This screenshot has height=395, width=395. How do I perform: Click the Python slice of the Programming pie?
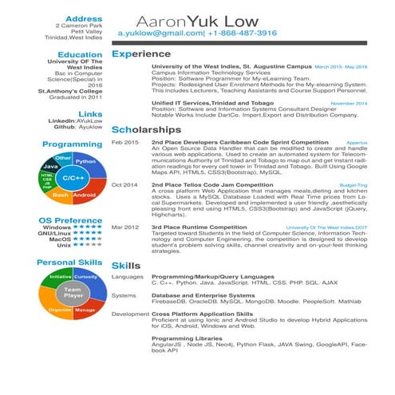(85, 161)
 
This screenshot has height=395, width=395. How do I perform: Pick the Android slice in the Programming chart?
(85, 194)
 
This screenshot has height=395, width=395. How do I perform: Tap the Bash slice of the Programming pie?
(59, 194)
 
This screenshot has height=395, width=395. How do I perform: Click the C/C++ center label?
(73, 178)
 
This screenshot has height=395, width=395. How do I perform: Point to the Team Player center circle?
(73, 293)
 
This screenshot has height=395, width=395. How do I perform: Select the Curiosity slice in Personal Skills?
(85, 276)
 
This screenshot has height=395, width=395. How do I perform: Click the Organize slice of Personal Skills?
(60, 310)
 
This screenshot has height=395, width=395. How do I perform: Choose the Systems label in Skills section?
(124, 295)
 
